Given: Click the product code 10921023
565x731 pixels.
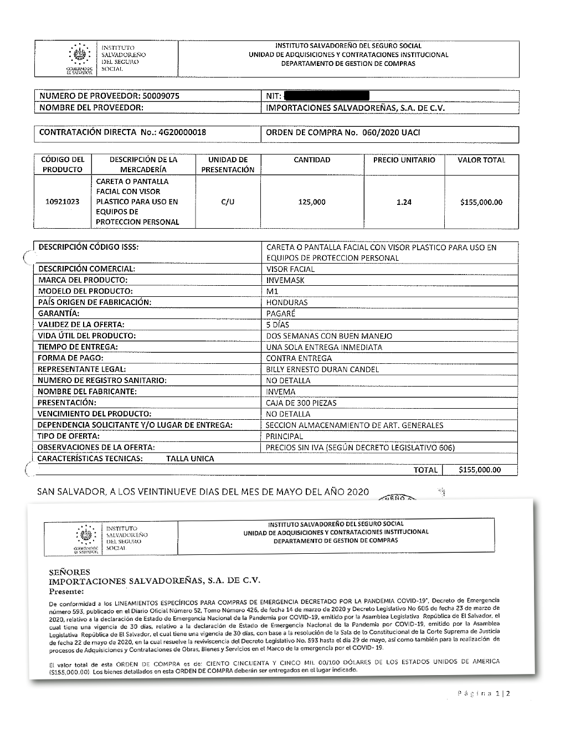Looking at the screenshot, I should [x=62, y=202].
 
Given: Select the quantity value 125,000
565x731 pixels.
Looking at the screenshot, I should [x=312, y=202].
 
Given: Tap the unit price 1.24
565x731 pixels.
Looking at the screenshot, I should [x=404, y=202].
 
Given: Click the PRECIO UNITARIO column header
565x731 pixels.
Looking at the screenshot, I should [x=404, y=160].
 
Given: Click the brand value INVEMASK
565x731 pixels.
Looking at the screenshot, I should [x=285, y=280].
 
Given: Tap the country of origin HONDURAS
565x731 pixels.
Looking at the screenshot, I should [x=287, y=302].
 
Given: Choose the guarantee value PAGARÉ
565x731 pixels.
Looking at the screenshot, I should [x=281, y=313].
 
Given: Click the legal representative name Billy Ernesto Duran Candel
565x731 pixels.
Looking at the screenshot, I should [x=322, y=369].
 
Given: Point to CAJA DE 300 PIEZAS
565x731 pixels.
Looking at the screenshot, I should [x=301, y=403].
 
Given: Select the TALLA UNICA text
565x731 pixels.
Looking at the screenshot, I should [x=190, y=459].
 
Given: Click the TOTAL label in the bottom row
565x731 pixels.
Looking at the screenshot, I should [x=425, y=470].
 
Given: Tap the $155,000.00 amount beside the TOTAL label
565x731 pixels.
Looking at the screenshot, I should [x=480, y=470].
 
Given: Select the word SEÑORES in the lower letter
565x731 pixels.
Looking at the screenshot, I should [x=69, y=572].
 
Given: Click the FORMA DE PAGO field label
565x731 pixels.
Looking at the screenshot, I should [x=70, y=358].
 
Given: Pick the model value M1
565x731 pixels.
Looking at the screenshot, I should [x=273, y=291].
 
